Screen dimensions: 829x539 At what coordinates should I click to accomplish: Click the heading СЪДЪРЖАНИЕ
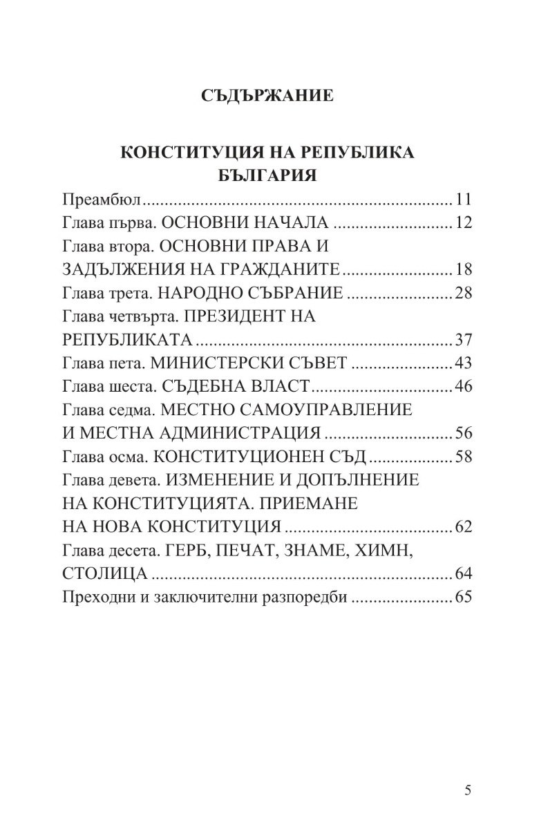coord(268,95)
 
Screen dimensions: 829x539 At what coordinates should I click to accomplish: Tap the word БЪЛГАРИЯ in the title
coord(267,175)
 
